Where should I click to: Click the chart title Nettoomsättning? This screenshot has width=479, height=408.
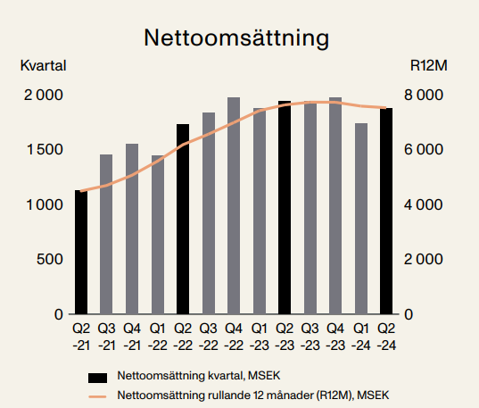pos(236,37)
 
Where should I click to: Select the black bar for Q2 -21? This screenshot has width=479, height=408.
pos(81,252)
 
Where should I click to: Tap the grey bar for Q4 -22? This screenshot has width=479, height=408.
pos(234,205)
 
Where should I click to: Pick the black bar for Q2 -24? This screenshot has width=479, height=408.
pos(386,211)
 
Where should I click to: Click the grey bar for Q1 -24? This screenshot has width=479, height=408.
pos(361,219)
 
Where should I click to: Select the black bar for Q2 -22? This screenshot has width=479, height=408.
pos(183,219)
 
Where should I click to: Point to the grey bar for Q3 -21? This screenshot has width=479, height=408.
pos(106,234)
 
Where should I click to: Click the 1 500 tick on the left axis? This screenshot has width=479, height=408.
pos(45,150)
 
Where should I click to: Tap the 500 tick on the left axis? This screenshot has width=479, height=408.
pos(50,259)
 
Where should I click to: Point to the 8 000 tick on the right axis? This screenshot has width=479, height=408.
pos(424,95)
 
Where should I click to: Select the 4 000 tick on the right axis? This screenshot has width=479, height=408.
pos(424,204)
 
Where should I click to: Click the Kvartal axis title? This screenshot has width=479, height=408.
pos(43,65)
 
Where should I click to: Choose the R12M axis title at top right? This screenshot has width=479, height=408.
pos(428,65)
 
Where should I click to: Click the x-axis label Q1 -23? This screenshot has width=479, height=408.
pos(259,337)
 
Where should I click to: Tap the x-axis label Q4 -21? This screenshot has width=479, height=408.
pos(132,337)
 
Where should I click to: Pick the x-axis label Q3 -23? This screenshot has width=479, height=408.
pos(310,337)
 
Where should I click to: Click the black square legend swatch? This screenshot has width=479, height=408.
pos(98,378)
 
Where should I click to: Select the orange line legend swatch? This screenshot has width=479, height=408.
pos(97,396)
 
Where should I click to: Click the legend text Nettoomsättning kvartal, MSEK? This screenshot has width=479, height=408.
pos(199,376)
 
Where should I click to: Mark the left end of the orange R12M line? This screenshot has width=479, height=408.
pos(80,191)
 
